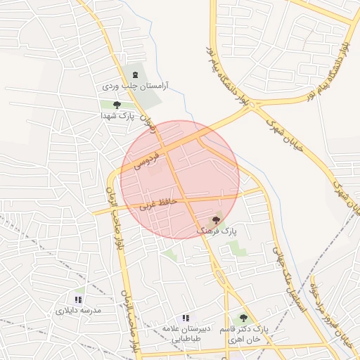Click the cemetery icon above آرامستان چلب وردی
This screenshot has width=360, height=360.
[x=135, y=75]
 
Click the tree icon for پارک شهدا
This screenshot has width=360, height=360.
[x=117, y=104]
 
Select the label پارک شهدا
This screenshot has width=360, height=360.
[x=116, y=115]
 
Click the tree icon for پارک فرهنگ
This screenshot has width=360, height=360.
[x=216, y=220]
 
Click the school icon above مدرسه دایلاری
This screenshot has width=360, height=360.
[x=78, y=300]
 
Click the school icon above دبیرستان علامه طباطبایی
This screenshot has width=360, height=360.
[x=186, y=318]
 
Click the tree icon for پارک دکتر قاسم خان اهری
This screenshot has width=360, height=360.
[x=243, y=318]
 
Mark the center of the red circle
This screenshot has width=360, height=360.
[x=180, y=179]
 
